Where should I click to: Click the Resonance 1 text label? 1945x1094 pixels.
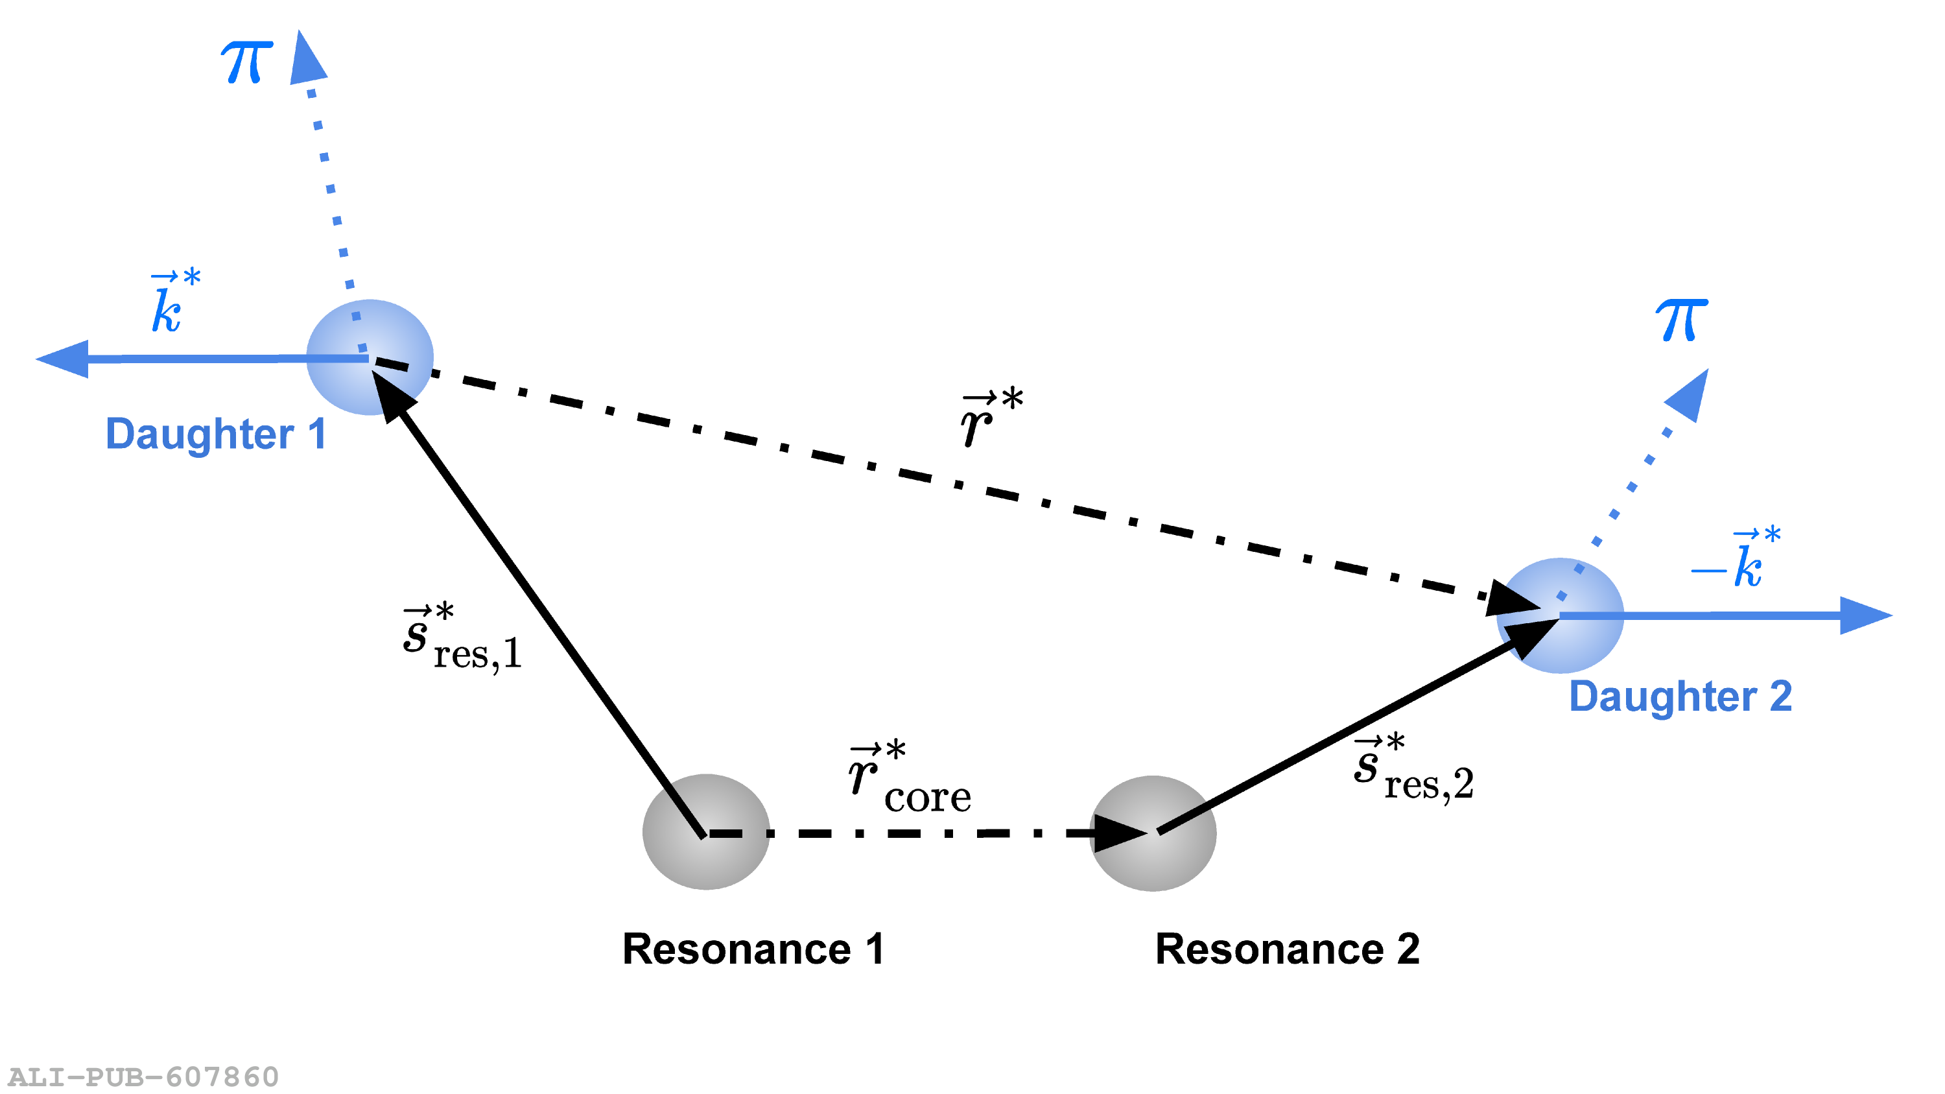pyautogui.click(x=753, y=949)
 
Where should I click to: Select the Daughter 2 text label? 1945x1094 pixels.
pyautogui.click(x=1680, y=696)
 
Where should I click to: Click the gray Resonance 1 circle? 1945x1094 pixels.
pyautogui.click(x=706, y=831)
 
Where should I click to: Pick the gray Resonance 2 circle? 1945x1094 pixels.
pyautogui.click(x=1153, y=833)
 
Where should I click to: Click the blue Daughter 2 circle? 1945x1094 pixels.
pyautogui.click(x=1560, y=615)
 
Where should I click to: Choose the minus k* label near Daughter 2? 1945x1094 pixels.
pyautogui.click(x=1735, y=560)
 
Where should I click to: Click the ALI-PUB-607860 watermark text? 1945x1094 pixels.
pyautogui.click(x=143, y=1076)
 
